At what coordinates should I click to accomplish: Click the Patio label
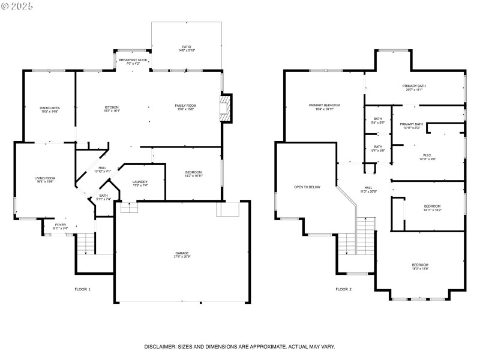(x=186, y=48)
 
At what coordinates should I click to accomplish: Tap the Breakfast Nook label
(x=133, y=61)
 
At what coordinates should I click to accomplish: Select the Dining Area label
(x=50, y=109)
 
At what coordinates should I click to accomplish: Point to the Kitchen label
(x=112, y=109)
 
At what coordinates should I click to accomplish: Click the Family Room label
(x=185, y=107)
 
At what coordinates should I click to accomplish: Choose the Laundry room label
(x=140, y=184)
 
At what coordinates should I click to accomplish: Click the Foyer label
(x=61, y=226)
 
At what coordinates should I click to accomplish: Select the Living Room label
(x=44, y=179)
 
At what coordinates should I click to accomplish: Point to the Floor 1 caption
(x=83, y=289)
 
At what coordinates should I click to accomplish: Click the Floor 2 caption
(x=343, y=289)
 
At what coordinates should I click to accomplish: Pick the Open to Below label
(x=307, y=187)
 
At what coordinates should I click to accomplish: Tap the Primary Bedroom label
(x=324, y=107)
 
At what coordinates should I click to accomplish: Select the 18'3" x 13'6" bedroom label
(x=420, y=266)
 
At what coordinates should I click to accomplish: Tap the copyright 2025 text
(x=18, y=5)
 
